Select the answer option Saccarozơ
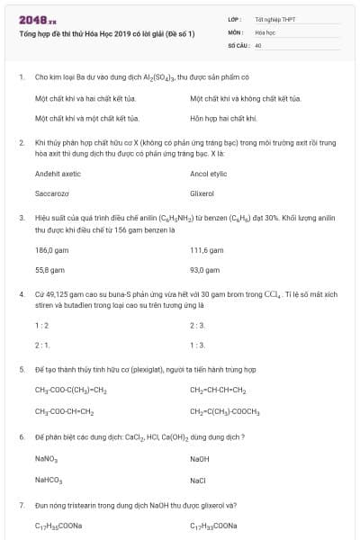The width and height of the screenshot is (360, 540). coord(52,193)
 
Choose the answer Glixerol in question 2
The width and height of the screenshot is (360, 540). coord(202,193)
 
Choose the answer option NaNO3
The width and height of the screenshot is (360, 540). coord(47,459)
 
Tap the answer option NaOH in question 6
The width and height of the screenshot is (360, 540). coord(200,459)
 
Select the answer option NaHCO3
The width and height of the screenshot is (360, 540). coord(49,480)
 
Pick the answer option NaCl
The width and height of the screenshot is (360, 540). coord(198,480)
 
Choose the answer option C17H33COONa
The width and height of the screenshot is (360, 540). coord(214,526)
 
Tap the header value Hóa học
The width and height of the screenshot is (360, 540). coord(264,31)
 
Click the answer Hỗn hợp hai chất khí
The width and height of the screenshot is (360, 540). coord(224,118)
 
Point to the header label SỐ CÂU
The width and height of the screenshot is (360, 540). coord(237,44)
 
